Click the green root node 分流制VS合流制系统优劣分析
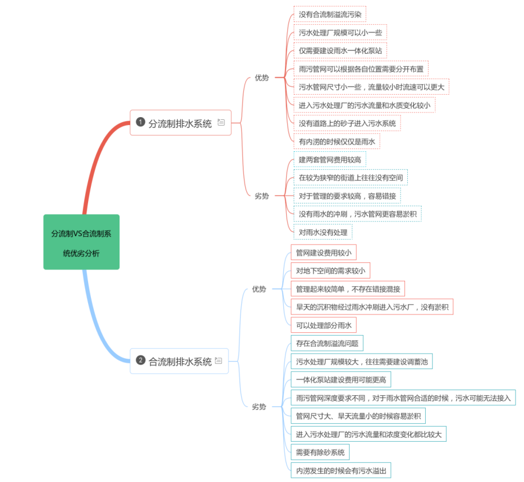(81, 242)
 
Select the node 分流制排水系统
(180, 123)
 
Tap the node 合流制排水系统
(180, 361)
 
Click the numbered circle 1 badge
(140, 122)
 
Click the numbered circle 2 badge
(140, 360)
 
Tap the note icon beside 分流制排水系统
(221, 123)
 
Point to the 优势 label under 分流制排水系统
(261, 78)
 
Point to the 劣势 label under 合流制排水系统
(259, 406)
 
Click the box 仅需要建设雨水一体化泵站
(340, 50)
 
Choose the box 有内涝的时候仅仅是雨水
(337, 141)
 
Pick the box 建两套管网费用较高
(329, 160)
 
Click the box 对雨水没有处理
(323, 232)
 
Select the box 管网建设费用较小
(323, 253)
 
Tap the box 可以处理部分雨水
(323, 325)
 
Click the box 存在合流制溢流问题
(327, 343)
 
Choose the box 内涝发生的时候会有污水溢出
(341, 470)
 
